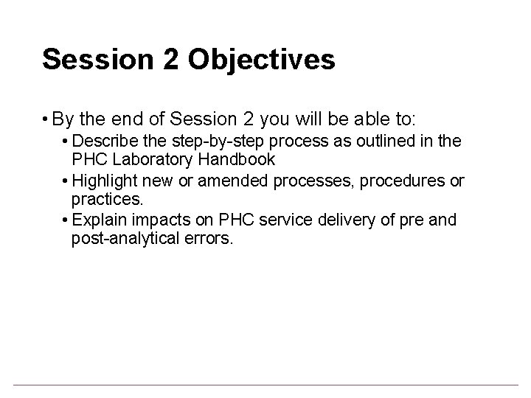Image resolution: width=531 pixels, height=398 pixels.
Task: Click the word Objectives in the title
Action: (262, 60)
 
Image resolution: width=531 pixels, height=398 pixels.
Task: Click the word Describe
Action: (104, 140)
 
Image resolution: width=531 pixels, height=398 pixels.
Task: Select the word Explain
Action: (98, 220)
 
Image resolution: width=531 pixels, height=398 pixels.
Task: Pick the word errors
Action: (208, 240)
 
